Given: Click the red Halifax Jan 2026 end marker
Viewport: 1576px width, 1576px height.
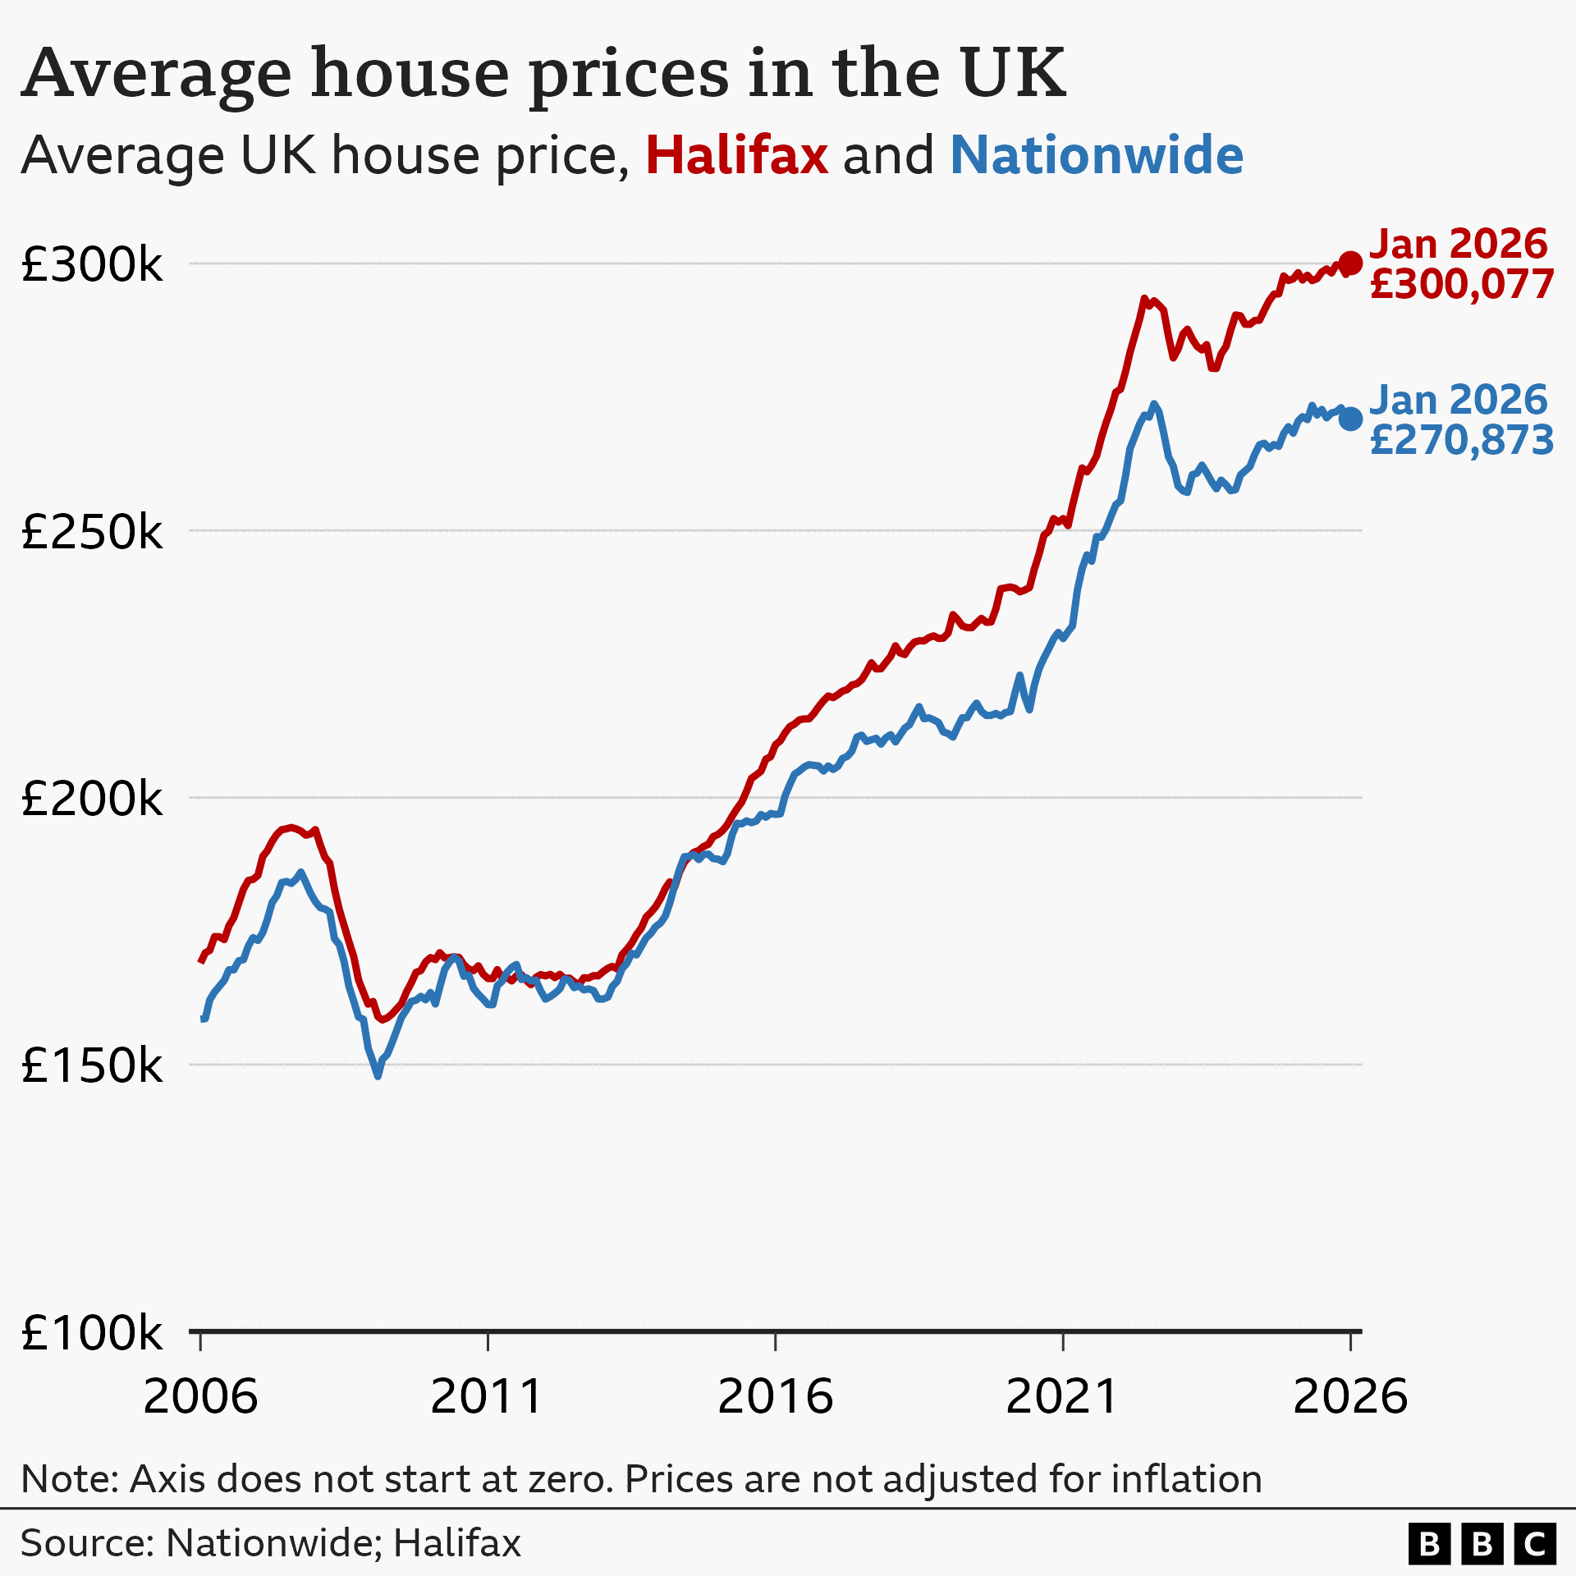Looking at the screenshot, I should [1350, 263].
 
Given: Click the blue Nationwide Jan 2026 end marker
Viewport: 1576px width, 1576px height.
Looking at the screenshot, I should [1350, 419].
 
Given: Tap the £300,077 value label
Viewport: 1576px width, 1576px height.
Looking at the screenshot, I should [1462, 285].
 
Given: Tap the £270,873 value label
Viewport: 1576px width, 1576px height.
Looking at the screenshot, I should [1462, 441].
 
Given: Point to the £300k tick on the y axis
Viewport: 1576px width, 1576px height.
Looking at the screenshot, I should [92, 264].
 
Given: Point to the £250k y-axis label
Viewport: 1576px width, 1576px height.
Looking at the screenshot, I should [92, 532].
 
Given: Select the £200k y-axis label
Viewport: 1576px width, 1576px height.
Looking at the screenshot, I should [92, 798].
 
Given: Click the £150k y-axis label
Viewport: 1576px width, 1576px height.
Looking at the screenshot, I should [92, 1065].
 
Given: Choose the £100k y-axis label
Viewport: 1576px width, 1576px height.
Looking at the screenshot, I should [92, 1332].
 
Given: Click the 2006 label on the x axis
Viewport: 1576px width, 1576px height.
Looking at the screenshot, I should [200, 1396].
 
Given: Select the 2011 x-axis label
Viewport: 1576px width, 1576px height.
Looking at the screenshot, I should [488, 1396].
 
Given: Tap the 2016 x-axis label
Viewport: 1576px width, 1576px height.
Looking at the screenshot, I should [775, 1396].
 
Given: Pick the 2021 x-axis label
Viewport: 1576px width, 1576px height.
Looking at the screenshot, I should [1062, 1396].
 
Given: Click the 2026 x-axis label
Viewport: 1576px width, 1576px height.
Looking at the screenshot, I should [1349, 1396].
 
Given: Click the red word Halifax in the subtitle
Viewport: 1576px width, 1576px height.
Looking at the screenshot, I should [736, 155].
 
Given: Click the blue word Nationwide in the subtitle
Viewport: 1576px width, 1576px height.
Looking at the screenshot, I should [1097, 155].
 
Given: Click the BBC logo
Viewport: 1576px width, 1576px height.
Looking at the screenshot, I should [1482, 1544].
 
